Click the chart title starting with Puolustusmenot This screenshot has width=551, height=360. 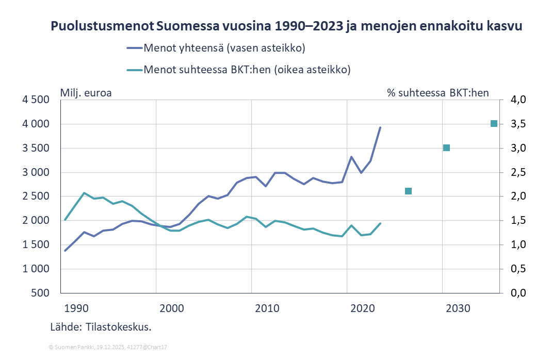click(286, 27)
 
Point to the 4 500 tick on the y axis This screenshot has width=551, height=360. click(36, 100)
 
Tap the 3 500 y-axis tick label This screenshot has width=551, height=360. click(36, 149)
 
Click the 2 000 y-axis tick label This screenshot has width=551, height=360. click(36, 221)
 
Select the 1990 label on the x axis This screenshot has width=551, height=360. click(77, 309)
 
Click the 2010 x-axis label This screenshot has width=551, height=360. click(267, 309)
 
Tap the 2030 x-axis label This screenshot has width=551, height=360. click(458, 309)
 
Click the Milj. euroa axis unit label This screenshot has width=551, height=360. click(87, 93)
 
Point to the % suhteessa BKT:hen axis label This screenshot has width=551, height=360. click(438, 93)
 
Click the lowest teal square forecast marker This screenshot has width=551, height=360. click(408, 191)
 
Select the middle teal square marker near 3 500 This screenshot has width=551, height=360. click(447, 148)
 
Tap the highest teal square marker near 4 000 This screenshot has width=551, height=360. click(494, 123)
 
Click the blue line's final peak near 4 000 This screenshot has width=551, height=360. click(380, 127)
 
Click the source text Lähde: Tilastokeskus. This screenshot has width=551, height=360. click(101, 327)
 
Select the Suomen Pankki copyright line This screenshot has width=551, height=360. click(107, 348)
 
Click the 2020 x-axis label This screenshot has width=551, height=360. click(363, 309)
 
